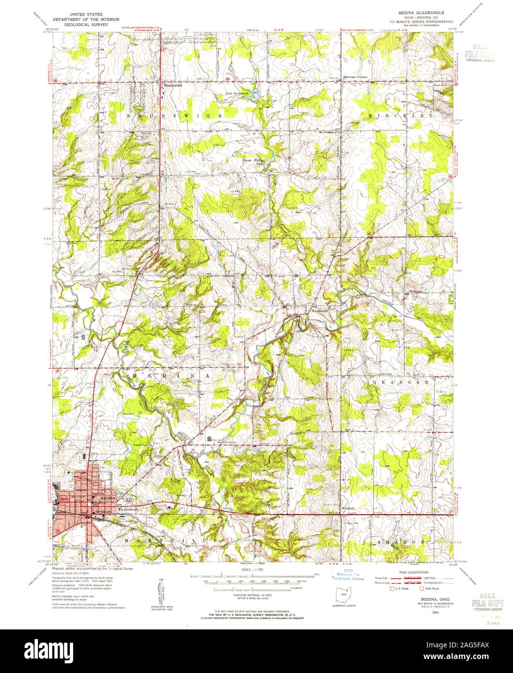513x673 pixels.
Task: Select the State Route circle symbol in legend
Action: (x=421, y=589)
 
